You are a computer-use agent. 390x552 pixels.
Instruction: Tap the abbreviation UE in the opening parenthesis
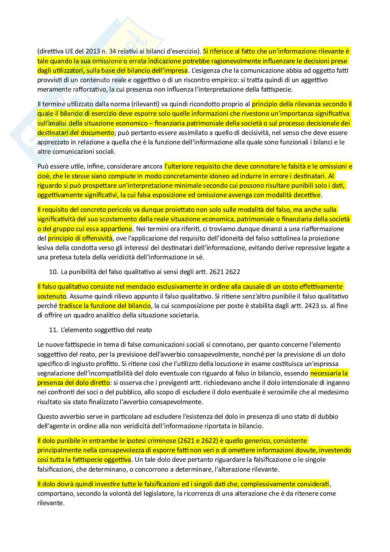pyautogui.click(x=65, y=51)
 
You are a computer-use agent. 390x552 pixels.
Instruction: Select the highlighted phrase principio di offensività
pyautogui.click(x=80, y=238)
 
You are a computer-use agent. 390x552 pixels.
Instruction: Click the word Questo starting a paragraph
pyautogui.click(x=48, y=416)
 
